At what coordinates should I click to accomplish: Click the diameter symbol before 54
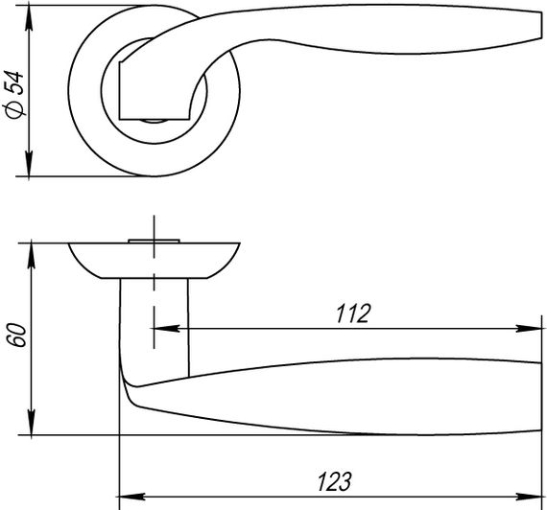click(14, 112)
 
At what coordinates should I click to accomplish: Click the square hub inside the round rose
click(144, 88)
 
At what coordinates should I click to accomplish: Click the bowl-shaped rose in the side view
click(154, 260)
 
